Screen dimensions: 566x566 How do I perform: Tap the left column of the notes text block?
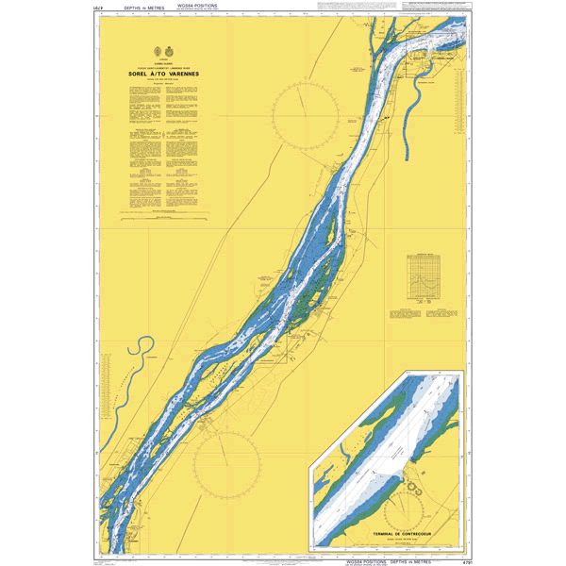(x=144, y=141)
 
